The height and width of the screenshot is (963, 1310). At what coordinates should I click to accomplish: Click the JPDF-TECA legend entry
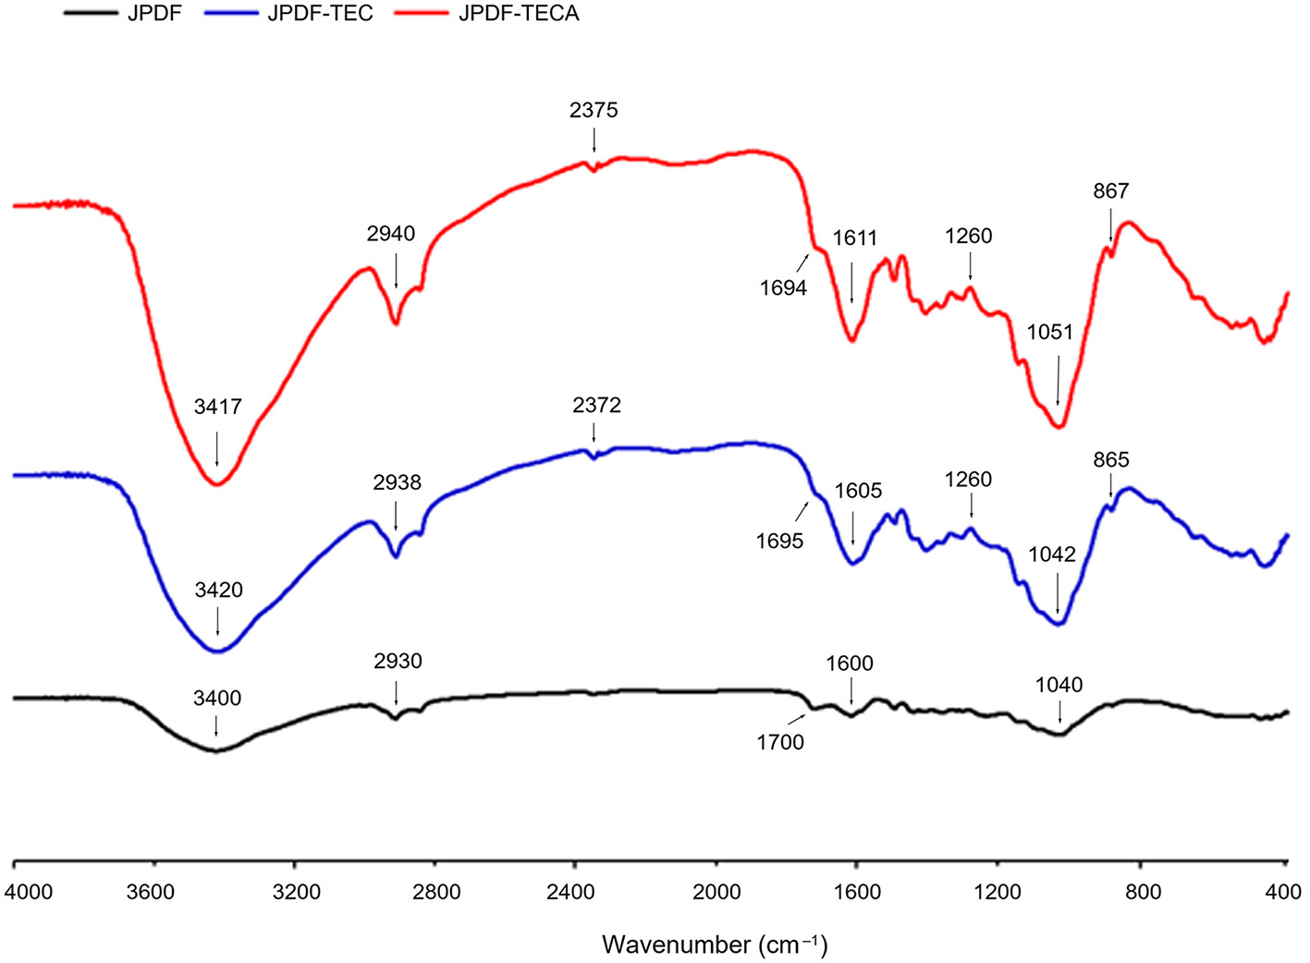(519, 14)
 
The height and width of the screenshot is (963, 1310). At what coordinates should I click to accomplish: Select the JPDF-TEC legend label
(320, 14)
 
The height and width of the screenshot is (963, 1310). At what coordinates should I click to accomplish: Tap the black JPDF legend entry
(153, 14)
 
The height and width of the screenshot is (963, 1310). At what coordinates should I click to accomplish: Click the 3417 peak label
(217, 407)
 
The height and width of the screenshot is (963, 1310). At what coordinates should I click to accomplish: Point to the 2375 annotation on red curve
(594, 110)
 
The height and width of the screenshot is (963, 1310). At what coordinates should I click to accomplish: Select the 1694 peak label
(783, 287)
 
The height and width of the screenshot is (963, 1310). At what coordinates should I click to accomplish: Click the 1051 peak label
(1049, 332)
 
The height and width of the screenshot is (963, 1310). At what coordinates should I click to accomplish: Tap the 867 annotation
(1110, 190)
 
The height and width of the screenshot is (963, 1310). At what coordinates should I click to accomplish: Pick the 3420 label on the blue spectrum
(218, 590)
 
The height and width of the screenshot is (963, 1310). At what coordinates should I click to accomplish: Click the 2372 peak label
(596, 405)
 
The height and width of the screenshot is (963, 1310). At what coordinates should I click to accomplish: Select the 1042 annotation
(1052, 555)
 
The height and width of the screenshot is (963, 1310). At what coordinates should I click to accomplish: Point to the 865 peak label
(1110, 459)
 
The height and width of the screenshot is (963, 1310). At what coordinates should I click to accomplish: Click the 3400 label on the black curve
(216, 698)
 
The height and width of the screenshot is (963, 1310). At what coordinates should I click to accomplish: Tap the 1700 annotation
(780, 742)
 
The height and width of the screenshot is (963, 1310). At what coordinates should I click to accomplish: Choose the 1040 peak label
(1059, 685)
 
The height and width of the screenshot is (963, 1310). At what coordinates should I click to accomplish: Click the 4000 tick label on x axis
(29, 892)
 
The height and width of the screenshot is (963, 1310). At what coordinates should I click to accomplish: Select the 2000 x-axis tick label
(716, 892)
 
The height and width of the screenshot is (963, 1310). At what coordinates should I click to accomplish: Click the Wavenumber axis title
(715, 945)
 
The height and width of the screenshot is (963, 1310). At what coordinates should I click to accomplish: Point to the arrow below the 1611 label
(851, 282)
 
